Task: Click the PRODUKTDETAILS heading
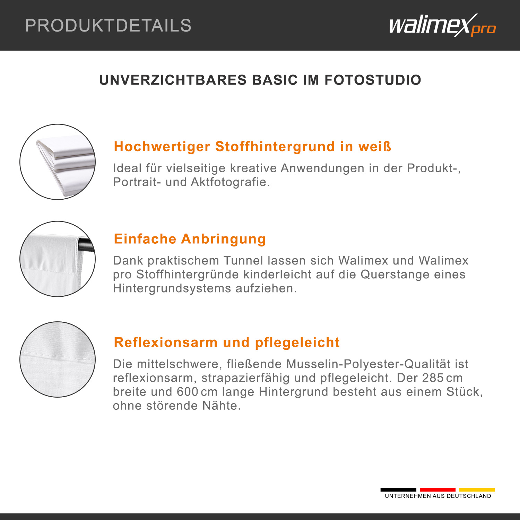tap(108, 25)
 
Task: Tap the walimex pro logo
tap(442, 25)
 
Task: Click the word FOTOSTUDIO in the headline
tap(373, 80)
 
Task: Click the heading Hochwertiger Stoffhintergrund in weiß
tap(252, 146)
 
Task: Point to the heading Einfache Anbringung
tap(190, 239)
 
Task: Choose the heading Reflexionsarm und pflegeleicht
tap(227, 343)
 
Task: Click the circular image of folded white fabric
tap(58, 162)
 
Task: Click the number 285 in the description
tap(433, 378)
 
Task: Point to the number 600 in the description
tap(188, 392)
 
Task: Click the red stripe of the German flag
tap(437, 489)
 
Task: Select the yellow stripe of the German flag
tap(477, 489)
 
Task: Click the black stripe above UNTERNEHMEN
tap(398, 489)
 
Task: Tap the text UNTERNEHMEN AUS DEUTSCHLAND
tap(438, 496)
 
